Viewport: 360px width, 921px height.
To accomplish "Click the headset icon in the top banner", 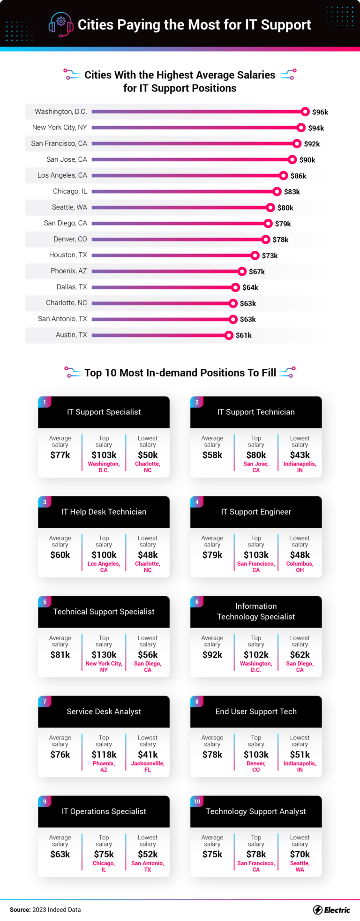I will click(61, 24).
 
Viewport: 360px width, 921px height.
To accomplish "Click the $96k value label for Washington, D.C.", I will click(320, 112).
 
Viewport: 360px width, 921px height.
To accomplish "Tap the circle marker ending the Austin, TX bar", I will click(229, 335).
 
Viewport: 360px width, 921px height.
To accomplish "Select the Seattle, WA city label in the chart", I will click(69, 207).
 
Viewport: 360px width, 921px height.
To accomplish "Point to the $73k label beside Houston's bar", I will click(270, 255).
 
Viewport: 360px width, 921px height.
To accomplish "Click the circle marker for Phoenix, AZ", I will click(242, 271).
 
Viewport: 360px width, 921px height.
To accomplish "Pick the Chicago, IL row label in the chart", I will click(70, 191).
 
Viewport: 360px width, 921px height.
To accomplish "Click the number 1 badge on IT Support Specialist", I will click(45, 402).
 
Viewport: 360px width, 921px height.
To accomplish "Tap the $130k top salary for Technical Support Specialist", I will click(104, 655).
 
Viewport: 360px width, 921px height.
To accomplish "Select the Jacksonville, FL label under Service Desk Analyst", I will click(148, 766).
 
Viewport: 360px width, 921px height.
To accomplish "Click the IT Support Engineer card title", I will click(256, 512).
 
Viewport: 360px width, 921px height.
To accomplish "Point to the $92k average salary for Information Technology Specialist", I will click(212, 655).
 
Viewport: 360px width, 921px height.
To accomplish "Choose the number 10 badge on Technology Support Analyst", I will click(197, 801).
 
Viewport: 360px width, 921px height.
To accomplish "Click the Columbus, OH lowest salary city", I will click(300, 567).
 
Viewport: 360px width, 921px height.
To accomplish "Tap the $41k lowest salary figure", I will click(148, 755).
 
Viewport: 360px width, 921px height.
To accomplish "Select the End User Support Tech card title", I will click(256, 711).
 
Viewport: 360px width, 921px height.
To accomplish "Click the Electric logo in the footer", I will click(331, 910).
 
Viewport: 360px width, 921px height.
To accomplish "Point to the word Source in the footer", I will click(20, 910).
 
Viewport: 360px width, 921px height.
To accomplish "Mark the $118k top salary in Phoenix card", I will click(104, 755).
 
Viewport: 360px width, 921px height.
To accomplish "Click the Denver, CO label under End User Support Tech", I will click(256, 766).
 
